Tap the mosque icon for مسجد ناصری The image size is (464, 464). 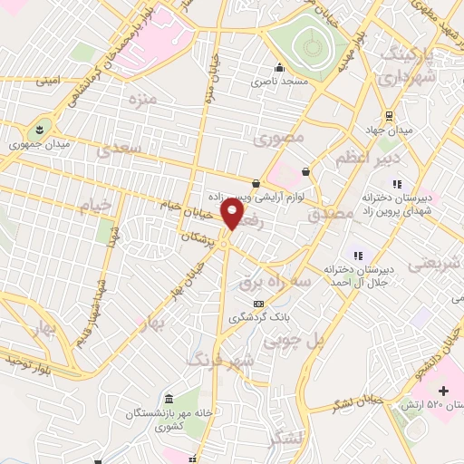tap(280, 67)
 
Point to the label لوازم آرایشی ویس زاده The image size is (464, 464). tap(253, 197)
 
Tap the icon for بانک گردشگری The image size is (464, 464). tap(259, 304)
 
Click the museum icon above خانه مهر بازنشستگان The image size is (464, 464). tap(170, 400)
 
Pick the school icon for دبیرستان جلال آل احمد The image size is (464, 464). tap(358, 255)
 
